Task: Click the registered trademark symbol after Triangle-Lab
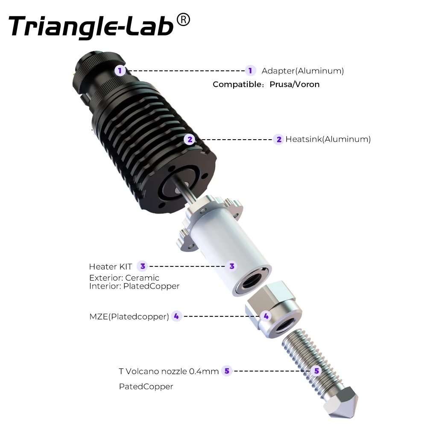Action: pos(183,20)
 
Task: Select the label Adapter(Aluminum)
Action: pos(302,71)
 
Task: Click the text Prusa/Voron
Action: pos(294,84)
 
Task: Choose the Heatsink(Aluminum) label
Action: pos(328,139)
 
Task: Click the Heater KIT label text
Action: pos(110,266)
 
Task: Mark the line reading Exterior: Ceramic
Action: pos(124,278)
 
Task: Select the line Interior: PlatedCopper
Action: pos(134,286)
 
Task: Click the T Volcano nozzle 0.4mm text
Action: pos(169,371)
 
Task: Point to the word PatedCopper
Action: pos(146,387)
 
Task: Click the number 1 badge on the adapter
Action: pos(120,70)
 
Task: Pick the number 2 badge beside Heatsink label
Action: pos(279,139)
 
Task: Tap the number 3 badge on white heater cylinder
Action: pos(232,266)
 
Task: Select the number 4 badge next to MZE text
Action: pos(176,316)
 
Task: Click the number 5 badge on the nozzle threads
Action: pos(316,371)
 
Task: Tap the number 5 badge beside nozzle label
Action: pos(227,371)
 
